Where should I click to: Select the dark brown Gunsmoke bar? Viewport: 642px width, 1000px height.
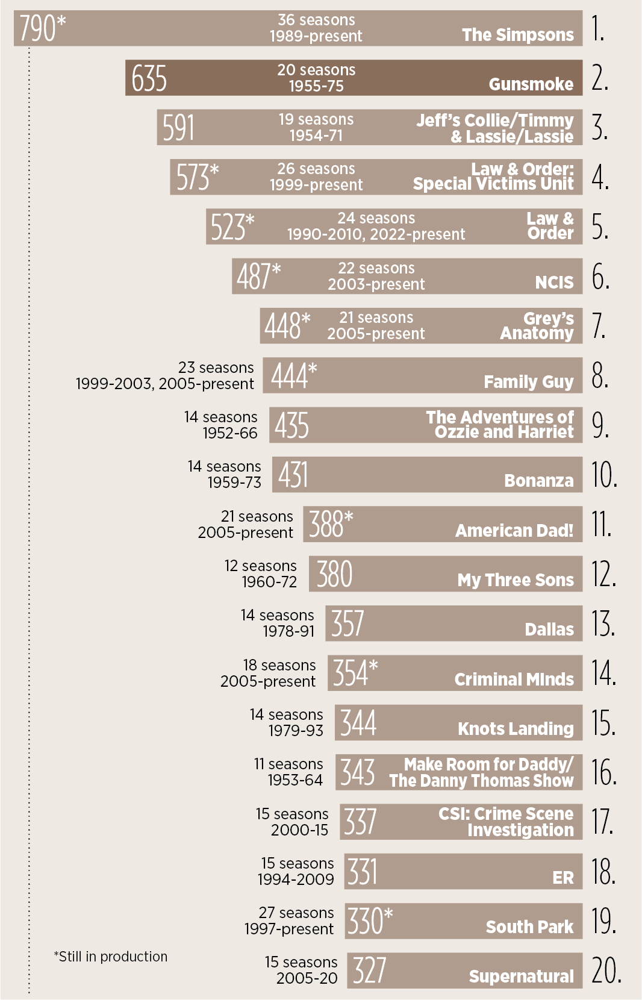coord(354,78)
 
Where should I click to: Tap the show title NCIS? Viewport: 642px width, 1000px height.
coord(554,282)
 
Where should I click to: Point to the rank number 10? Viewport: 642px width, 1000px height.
coord(604,475)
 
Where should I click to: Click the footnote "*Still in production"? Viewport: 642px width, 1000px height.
coord(111,957)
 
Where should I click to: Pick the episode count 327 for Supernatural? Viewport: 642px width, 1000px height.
coord(369,970)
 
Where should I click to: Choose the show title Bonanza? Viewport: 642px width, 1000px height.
coord(538,481)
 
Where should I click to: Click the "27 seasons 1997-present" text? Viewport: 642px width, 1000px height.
coord(289,921)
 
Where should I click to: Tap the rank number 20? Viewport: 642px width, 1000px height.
coord(606,970)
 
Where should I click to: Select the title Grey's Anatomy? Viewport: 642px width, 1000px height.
coord(537,326)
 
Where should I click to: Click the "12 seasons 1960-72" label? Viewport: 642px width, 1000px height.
coord(261,573)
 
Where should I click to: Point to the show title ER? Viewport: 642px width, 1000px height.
coord(563,878)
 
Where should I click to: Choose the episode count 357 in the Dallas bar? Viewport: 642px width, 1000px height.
coord(347,623)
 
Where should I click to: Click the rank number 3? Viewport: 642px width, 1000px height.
coord(599,128)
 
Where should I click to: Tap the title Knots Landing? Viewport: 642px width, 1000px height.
coord(516,729)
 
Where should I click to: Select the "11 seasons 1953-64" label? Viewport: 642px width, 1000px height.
coord(288,772)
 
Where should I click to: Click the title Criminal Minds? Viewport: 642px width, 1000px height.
coord(514,680)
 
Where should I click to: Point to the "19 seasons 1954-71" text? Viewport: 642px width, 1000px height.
coord(316,127)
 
